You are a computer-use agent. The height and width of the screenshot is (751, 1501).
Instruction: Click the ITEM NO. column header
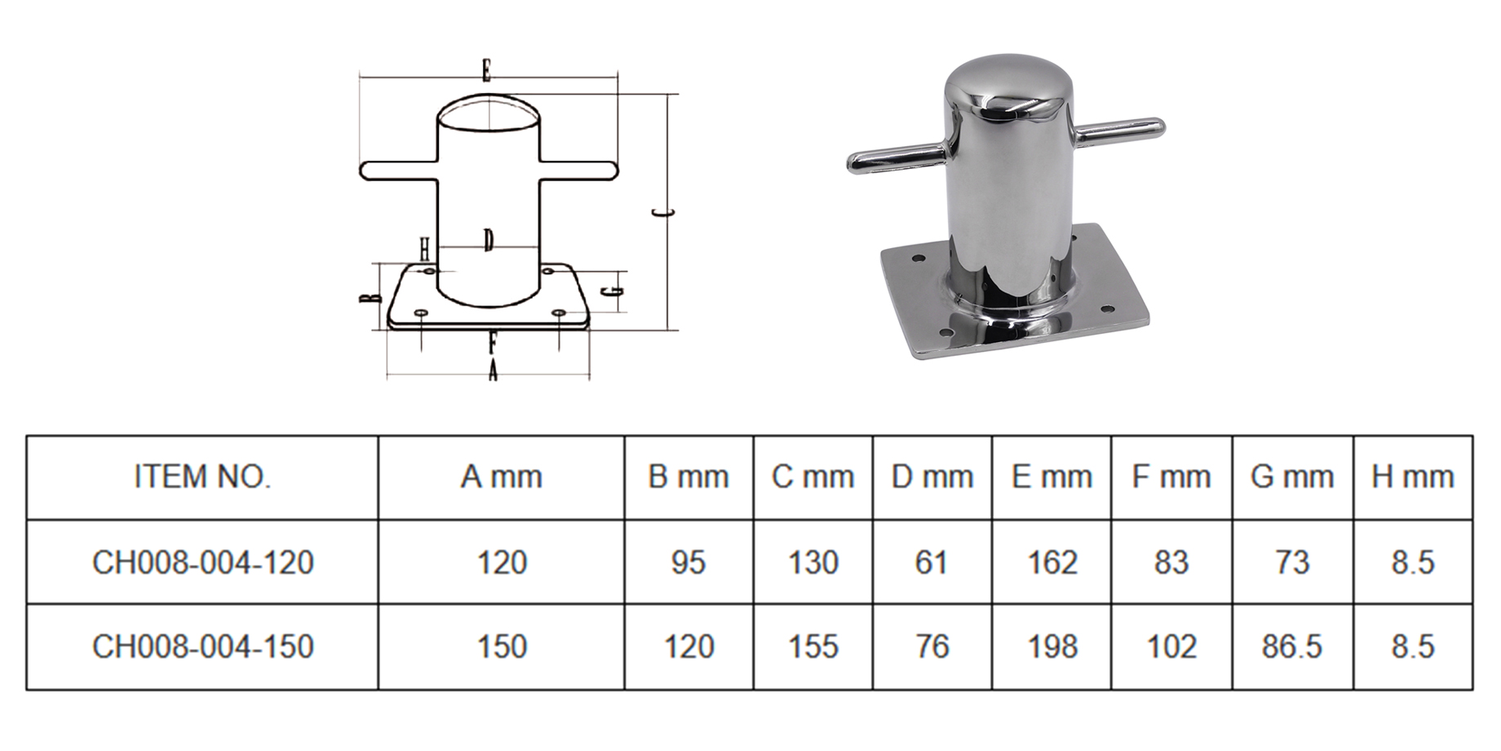[x=202, y=477]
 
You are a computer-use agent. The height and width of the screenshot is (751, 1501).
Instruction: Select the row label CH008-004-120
[x=202, y=562]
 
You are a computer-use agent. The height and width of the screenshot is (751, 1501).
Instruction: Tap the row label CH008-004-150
[x=202, y=647]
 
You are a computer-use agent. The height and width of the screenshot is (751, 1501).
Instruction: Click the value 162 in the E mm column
[x=1052, y=562]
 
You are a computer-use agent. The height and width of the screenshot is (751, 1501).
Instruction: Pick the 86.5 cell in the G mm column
[x=1292, y=647]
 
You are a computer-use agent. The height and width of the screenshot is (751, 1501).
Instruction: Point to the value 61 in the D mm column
[x=932, y=562]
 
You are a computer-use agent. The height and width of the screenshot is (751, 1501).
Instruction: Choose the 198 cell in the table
[x=1052, y=647]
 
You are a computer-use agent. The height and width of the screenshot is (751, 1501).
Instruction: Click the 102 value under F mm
[x=1171, y=647]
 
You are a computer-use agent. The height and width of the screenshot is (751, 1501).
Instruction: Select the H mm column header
[x=1413, y=477]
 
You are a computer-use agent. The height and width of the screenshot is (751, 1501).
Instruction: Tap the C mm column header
[x=812, y=477]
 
